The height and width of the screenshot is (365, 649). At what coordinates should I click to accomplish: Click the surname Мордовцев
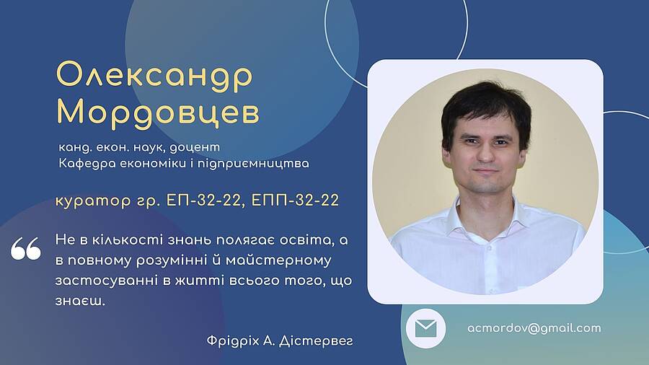tap(158, 113)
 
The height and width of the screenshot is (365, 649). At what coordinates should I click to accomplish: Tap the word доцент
tap(195, 148)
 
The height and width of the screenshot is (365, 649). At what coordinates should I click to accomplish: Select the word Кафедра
tap(87, 164)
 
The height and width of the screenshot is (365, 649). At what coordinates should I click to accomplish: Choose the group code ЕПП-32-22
tap(295, 201)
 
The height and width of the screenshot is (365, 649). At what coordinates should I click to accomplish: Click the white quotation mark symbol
tap(26, 248)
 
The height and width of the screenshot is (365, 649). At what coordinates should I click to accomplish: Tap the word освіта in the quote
tap(306, 240)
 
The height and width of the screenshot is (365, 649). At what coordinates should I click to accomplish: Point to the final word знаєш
tap(80, 301)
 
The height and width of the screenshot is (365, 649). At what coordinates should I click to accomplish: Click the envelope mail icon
tap(425, 329)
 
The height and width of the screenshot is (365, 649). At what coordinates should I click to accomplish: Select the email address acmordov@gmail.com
tap(534, 328)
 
